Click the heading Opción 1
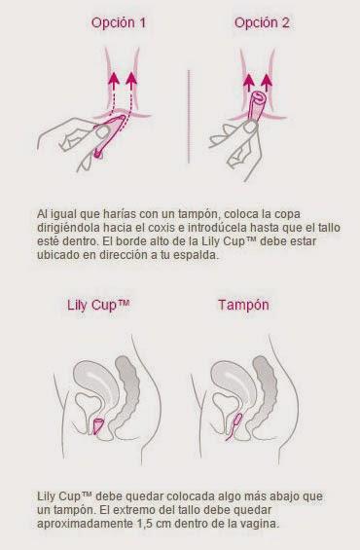pyautogui.click(x=118, y=23)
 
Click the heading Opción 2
pyautogui.click(x=262, y=23)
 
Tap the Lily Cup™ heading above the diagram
pyautogui.click(x=98, y=305)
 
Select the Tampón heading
pyautogui.click(x=243, y=305)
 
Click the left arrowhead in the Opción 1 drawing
pyautogui.click(x=114, y=79)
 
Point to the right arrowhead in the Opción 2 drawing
pyautogui.click(x=268, y=81)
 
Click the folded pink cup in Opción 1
pyautogui.click(x=109, y=135)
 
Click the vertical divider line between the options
pyautogui.click(x=189, y=117)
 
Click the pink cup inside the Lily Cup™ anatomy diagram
pyautogui.click(x=98, y=425)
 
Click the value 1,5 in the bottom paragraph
pyautogui.click(x=143, y=524)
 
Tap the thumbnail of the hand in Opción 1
pyautogui.click(x=103, y=132)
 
